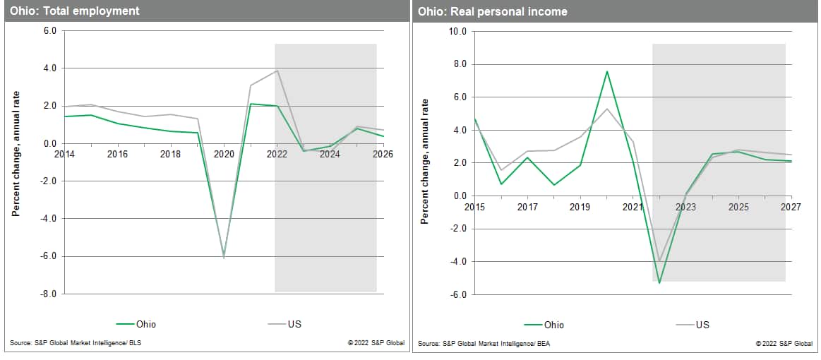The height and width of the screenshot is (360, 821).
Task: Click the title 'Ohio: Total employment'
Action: click(75, 11)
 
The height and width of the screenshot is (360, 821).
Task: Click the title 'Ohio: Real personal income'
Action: click(492, 11)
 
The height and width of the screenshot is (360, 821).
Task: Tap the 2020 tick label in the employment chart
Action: click(224, 154)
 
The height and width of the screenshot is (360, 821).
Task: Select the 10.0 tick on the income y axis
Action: click(457, 32)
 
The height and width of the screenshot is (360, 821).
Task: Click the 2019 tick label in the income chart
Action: click(580, 207)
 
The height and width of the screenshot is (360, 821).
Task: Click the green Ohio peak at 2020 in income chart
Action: click(607, 71)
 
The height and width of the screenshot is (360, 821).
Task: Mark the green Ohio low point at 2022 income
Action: click(659, 283)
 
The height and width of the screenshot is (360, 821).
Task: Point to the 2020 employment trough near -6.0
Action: click(224, 257)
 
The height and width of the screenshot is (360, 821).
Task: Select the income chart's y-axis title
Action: click(424, 163)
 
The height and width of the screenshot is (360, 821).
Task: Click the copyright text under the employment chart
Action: click(376, 344)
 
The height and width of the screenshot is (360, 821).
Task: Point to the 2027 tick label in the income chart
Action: click(791, 207)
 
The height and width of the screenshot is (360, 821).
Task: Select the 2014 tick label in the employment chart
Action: click(64, 154)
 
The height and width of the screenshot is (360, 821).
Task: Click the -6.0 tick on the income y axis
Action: click(459, 294)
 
